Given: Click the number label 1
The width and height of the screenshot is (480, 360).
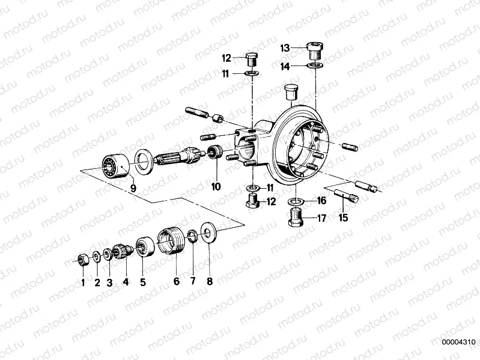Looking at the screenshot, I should [83, 281].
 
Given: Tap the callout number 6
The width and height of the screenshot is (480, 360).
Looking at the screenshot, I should [177, 281].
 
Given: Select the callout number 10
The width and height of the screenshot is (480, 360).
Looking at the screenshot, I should [216, 187].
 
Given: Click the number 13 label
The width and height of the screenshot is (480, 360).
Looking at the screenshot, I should [285, 47].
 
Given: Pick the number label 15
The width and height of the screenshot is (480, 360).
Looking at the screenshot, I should [343, 218].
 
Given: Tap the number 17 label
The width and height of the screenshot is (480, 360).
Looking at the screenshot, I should [321, 219].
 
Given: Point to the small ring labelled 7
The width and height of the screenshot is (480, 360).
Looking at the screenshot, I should [192, 235].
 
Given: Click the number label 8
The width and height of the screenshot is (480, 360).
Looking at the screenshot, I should [209, 281].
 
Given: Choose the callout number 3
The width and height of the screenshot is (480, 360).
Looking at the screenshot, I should [109, 281].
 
